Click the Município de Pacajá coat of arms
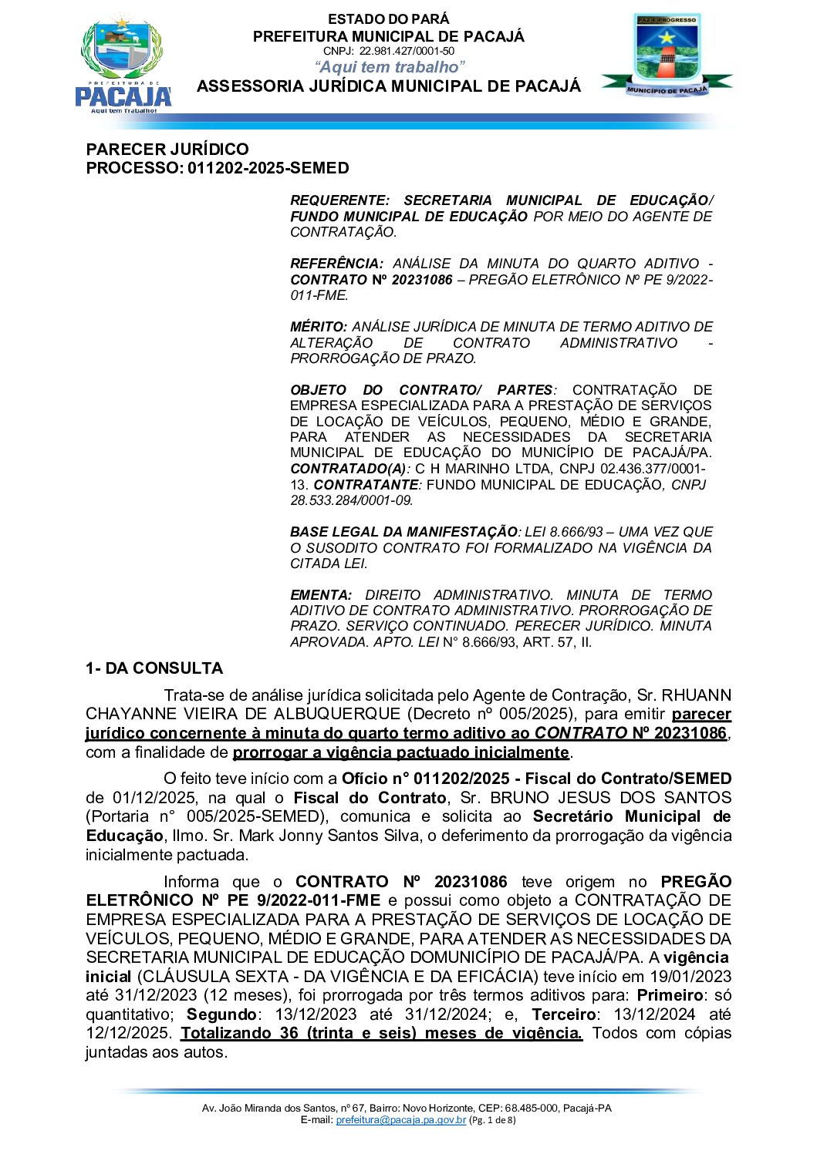667,56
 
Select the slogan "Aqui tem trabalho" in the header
389,68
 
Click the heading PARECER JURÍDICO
167,150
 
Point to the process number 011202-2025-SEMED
268,168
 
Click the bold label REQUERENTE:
339,200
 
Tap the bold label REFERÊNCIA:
336,264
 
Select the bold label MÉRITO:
318,327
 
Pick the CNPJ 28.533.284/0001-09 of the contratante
351,500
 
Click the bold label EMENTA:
321,595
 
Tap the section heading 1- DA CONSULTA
154,668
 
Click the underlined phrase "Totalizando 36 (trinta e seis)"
301,1033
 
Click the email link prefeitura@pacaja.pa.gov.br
401,1120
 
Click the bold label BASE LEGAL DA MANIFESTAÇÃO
403,532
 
